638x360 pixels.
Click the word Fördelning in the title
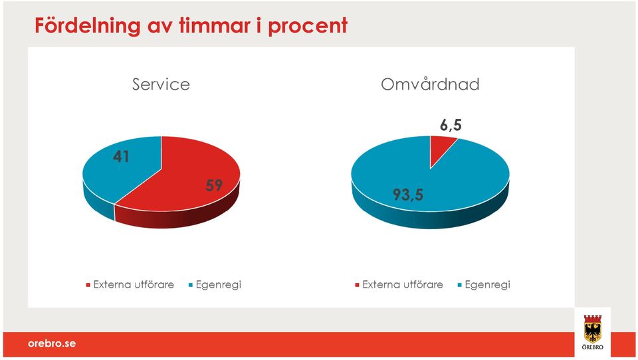coord(88,26)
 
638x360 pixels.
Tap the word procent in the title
coord(308,27)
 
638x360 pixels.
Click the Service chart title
coord(161,84)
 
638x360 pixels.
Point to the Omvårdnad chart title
coord(430,84)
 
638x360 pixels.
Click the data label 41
coord(121,157)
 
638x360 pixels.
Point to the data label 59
coord(214,185)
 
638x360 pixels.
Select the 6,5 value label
coord(451,125)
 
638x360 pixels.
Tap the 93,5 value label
coord(408,195)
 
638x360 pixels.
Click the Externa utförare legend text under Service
coord(134,285)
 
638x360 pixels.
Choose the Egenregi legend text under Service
coord(219,285)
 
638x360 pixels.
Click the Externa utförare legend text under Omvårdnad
coord(403,285)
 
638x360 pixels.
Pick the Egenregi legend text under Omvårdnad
coord(487,285)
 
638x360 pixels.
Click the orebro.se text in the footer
coord(52,343)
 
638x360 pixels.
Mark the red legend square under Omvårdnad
coord(358,285)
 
